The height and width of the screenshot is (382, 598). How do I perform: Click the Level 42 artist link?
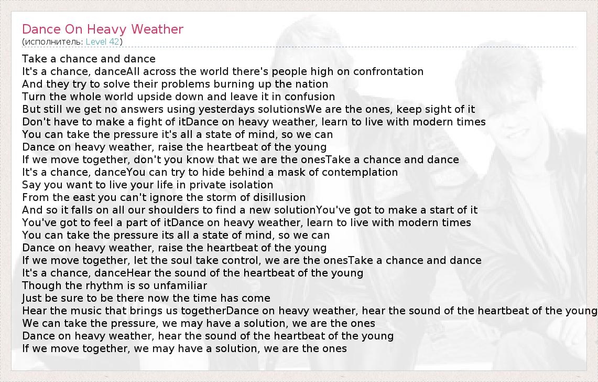102,41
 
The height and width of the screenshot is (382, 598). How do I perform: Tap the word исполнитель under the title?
53,41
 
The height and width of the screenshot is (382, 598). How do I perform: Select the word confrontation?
388,71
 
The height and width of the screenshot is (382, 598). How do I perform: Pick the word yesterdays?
226,110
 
